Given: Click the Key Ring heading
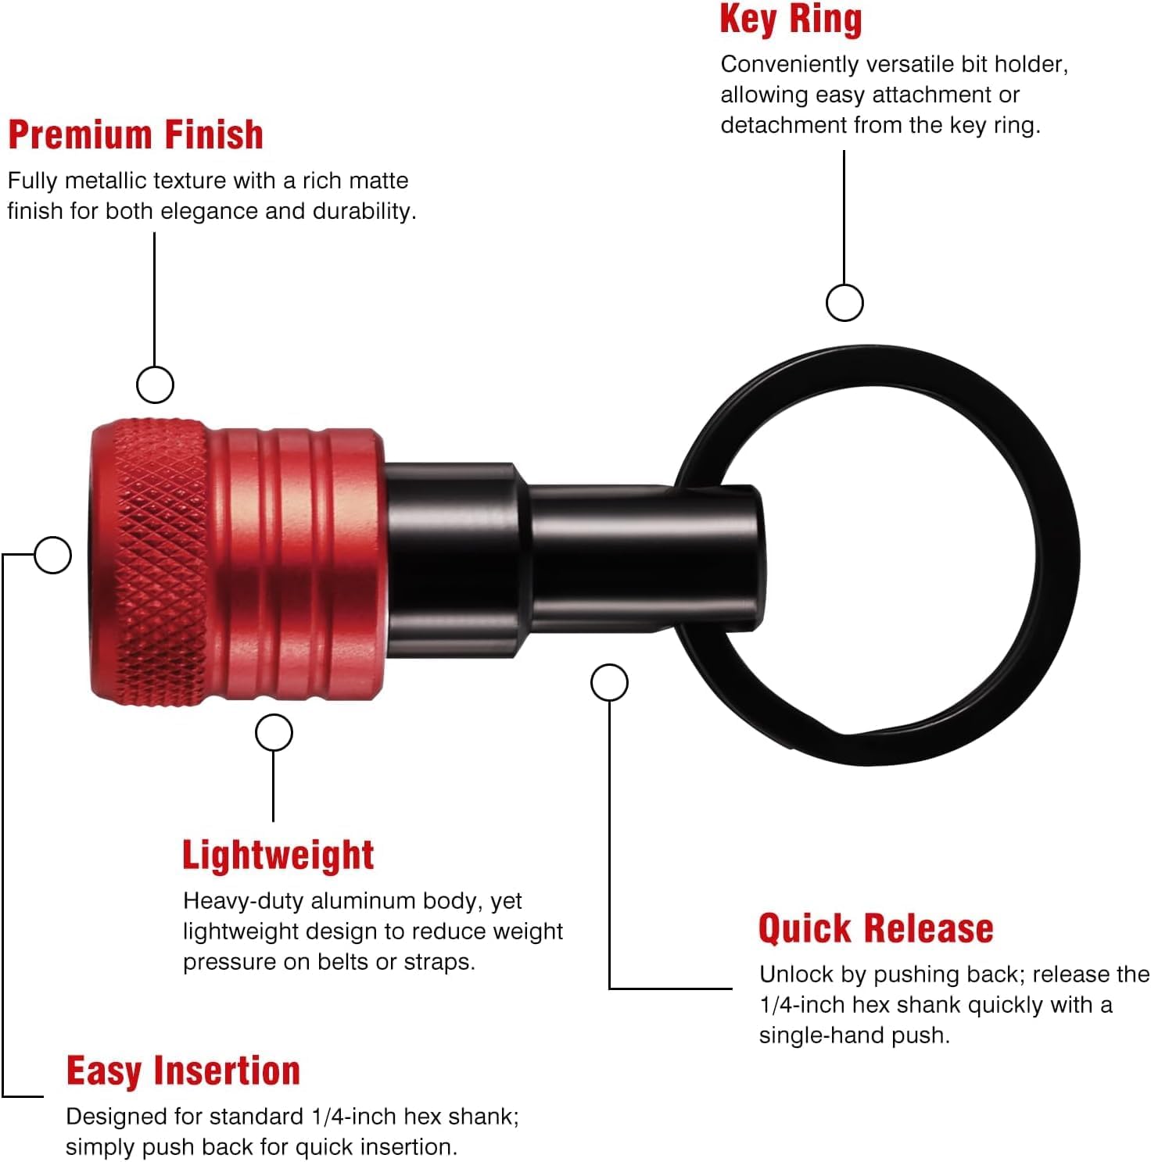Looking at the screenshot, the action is (x=791, y=20).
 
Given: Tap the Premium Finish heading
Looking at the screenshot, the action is (x=135, y=134).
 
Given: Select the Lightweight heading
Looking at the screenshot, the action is (x=278, y=855).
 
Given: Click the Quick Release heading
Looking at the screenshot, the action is (x=876, y=928).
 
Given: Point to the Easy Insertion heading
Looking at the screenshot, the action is (x=184, y=1071).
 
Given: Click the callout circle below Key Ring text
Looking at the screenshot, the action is (x=844, y=302).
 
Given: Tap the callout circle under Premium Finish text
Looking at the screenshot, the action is (x=155, y=384).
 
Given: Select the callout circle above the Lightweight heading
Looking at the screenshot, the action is (x=274, y=733).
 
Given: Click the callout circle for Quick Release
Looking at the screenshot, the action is (x=609, y=683).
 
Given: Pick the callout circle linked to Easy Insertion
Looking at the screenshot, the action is (x=53, y=555).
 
